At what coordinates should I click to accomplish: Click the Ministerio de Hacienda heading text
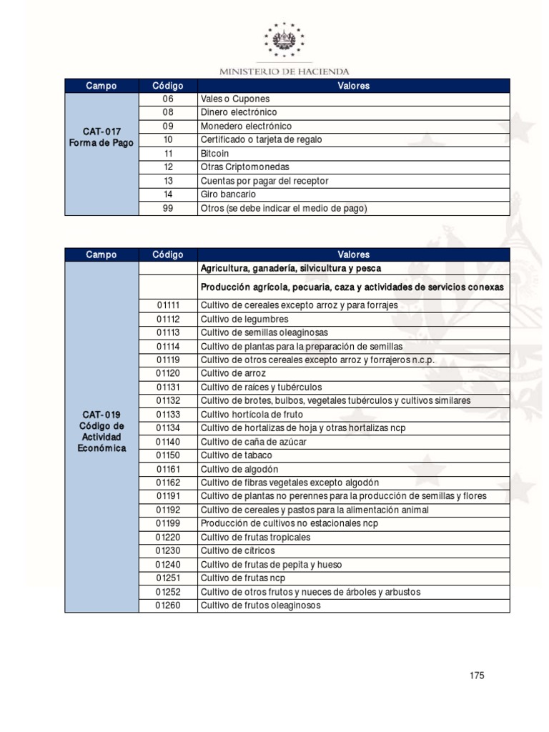pos(284,71)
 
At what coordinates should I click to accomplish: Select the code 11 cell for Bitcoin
pos(168,154)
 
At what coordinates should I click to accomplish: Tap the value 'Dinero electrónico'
pos(239,113)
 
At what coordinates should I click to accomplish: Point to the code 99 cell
pos(168,208)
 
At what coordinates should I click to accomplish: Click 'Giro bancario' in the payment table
pos(229,194)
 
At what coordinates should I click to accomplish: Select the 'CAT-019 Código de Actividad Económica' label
pos(101,431)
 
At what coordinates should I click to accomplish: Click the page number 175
pos(478,676)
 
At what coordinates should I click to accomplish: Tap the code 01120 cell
pos(168,374)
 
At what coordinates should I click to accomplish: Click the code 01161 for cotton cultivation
pos(168,469)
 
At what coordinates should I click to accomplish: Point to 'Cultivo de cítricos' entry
pos(237,551)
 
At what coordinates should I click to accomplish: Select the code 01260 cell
pos(168,605)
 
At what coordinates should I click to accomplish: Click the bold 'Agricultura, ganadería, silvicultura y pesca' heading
pos(291,269)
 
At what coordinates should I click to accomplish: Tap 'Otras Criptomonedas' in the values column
pos(245,167)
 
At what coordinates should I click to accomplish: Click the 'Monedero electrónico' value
pos(246,127)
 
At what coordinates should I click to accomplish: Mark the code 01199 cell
pos(168,523)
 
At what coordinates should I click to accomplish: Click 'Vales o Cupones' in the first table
pos(235,99)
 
